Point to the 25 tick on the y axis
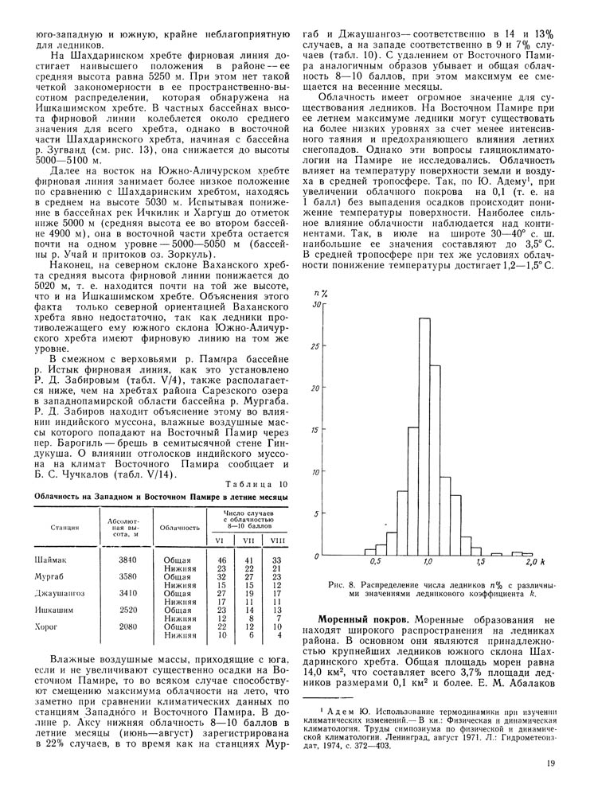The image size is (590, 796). point(319,346)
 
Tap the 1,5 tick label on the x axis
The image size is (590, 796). point(479,564)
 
